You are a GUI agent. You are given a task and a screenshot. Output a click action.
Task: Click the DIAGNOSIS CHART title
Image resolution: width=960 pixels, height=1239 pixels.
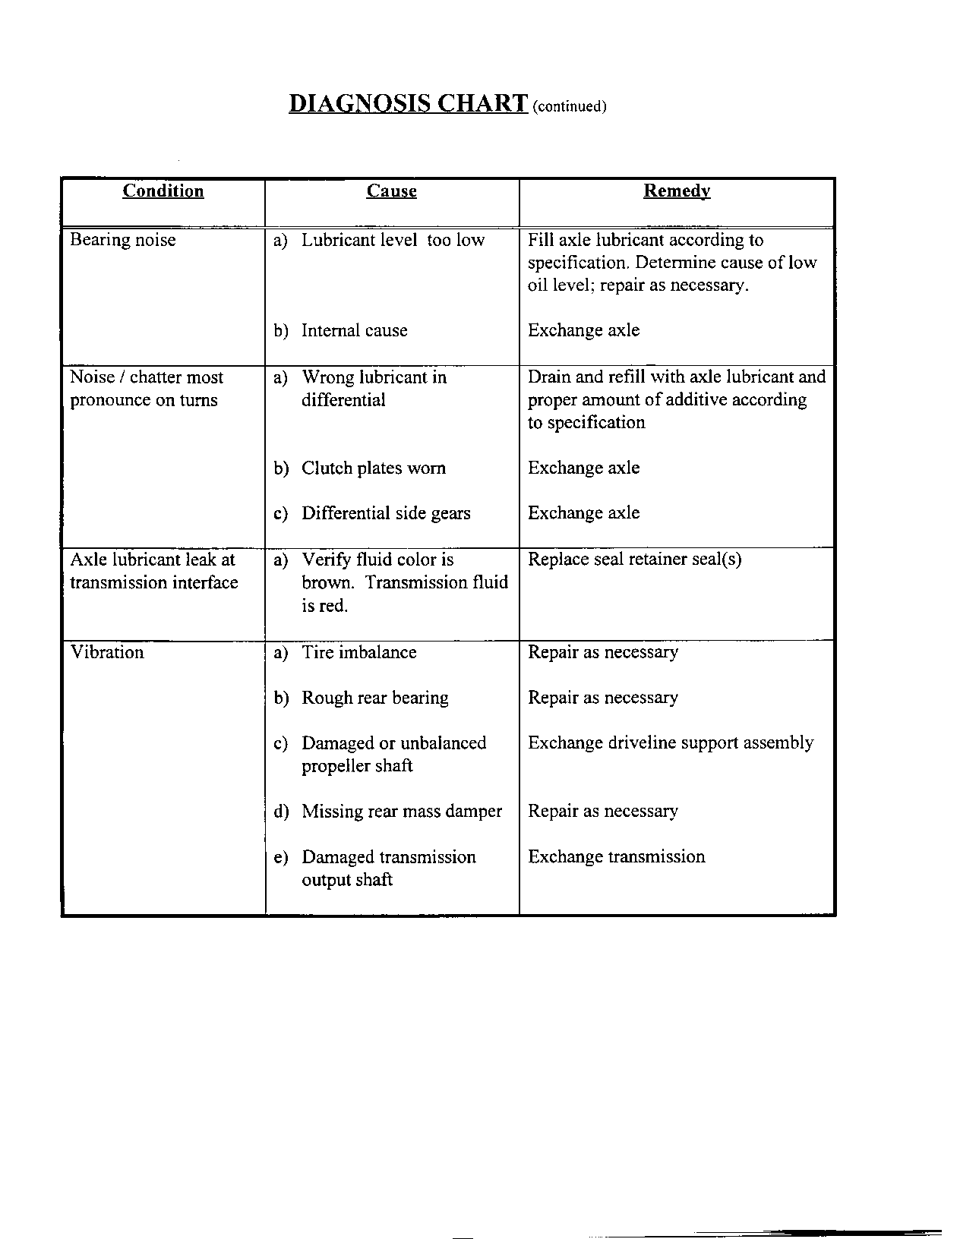pyautogui.click(x=408, y=103)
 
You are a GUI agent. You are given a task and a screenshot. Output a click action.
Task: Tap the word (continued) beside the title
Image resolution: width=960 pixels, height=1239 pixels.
pyautogui.click(x=570, y=106)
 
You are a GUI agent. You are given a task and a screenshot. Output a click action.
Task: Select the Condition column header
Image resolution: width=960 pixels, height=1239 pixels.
pyautogui.click(x=163, y=191)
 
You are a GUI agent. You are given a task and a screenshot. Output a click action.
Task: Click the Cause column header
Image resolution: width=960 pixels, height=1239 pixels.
pyautogui.click(x=391, y=191)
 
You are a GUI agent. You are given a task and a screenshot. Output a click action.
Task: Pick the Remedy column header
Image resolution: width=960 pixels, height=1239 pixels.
pyautogui.click(x=677, y=191)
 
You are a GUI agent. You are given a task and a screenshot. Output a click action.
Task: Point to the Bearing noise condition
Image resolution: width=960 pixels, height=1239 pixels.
pyautogui.click(x=123, y=241)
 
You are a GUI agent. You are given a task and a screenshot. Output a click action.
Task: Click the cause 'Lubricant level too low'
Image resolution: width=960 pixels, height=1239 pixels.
pyautogui.click(x=393, y=241)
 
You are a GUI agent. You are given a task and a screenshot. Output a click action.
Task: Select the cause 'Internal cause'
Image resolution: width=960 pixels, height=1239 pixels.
pyautogui.click(x=354, y=331)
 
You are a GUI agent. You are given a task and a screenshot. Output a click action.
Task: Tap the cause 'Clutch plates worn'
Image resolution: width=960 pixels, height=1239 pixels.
pyautogui.click(x=373, y=468)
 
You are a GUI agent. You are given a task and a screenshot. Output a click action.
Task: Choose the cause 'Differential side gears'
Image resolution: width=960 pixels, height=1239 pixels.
pyautogui.click(x=386, y=514)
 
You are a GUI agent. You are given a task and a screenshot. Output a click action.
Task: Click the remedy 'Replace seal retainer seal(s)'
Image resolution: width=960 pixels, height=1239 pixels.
pyautogui.click(x=635, y=560)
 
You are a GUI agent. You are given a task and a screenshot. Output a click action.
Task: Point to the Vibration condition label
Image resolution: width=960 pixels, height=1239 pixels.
pyautogui.click(x=107, y=652)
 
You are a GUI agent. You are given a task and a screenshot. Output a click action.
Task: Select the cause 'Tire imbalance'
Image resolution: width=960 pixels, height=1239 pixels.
pyautogui.click(x=358, y=653)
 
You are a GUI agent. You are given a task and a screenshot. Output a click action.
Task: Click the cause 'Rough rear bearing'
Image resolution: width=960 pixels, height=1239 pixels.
pyautogui.click(x=374, y=698)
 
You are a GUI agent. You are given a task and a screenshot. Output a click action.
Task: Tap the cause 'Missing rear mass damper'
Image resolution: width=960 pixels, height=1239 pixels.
pyautogui.click(x=402, y=812)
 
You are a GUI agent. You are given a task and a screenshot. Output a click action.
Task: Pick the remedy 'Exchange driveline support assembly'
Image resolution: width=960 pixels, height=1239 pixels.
pyautogui.click(x=671, y=743)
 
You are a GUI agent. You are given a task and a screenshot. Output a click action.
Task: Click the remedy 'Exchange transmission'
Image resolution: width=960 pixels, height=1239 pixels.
pyautogui.click(x=617, y=857)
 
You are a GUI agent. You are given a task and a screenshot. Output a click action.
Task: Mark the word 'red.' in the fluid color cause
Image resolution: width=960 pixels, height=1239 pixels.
pyautogui.click(x=335, y=607)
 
